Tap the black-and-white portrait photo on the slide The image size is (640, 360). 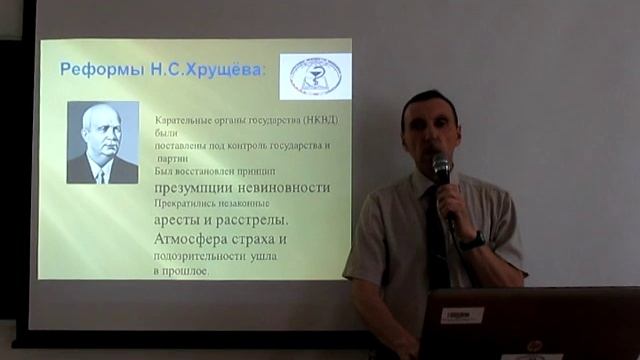[102, 142]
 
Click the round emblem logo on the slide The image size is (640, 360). [315, 76]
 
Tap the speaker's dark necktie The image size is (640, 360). [436, 246]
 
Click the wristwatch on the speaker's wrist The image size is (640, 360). [472, 241]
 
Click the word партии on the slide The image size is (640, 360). [173, 158]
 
